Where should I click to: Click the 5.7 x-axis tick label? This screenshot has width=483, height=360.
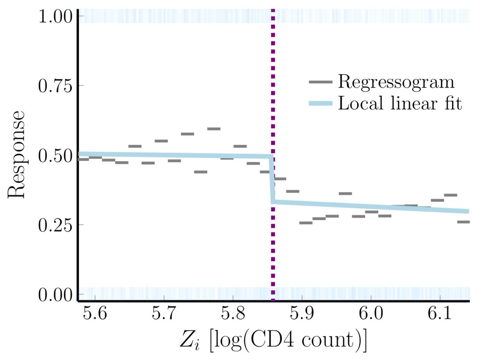tap(164, 314)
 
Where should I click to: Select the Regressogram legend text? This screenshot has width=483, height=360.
tap(396, 83)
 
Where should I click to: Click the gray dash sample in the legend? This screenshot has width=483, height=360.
tap(321, 82)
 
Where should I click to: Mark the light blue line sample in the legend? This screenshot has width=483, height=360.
tap(321, 104)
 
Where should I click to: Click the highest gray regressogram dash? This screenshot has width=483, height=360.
tap(214, 129)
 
